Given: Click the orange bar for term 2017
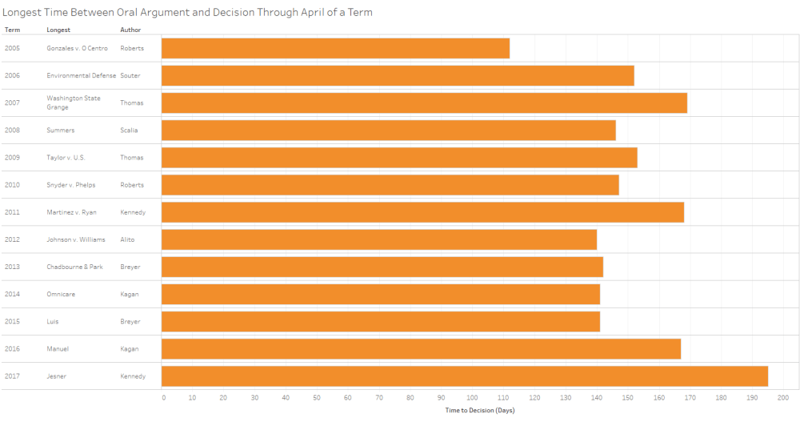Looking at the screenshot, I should tap(464, 376).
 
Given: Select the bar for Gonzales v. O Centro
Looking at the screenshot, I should tap(335, 48).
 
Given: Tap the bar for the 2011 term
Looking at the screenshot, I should tap(422, 212).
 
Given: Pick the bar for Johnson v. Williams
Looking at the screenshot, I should tap(379, 239).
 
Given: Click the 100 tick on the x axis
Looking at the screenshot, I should tap(473, 398).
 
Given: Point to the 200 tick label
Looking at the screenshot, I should tap(782, 398).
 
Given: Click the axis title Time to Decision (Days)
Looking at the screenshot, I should tap(479, 410).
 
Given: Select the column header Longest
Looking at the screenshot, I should tap(58, 30).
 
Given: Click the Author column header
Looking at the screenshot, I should tap(130, 30).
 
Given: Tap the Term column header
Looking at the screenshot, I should tap(12, 30).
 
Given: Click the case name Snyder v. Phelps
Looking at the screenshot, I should tap(72, 185).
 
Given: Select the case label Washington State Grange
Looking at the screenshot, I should tap(74, 102).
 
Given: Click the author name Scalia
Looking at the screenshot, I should tap(130, 130).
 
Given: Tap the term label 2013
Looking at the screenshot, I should tap(12, 267).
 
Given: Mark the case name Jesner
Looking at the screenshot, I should tap(58, 376).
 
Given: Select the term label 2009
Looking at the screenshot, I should tap(12, 158).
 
